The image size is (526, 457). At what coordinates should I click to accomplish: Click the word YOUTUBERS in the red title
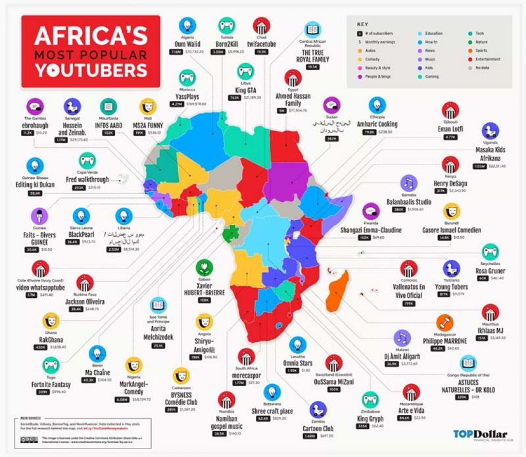(x=90, y=69)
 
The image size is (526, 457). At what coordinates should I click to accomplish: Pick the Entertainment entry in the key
(x=487, y=59)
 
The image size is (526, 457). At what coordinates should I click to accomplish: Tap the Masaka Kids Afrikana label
(x=491, y=154)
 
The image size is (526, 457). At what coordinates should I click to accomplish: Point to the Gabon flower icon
(x=204, y=268)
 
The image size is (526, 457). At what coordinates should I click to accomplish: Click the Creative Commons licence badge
(x=32, y=440)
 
